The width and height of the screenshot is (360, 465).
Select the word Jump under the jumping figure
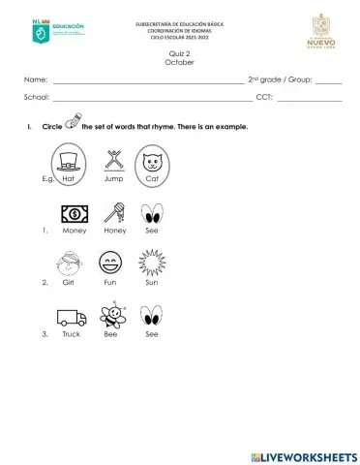click(x=113, y=179)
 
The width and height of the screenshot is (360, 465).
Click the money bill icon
click(x=73, y=213)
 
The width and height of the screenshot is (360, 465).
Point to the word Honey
click(x=114, y=231)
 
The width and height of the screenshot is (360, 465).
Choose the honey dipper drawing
click(x=113, y=212)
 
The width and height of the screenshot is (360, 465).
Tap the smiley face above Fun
click(x=111, y=263)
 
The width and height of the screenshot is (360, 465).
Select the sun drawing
click(x=152, y=262)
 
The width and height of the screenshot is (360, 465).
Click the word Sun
click(x=151, y=283)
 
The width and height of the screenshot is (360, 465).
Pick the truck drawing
click(x=72, y=317)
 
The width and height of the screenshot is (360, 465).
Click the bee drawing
click(x=115, y=315)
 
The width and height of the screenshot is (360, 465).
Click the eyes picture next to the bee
click(x=151, y=317)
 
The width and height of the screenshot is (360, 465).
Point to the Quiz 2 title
click(x=180, y=54)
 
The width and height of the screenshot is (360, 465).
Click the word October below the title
click(x=180, y=62)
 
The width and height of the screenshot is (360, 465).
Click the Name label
click(x=35, y=79)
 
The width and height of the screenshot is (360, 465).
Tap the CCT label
click(x=264, y=98)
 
